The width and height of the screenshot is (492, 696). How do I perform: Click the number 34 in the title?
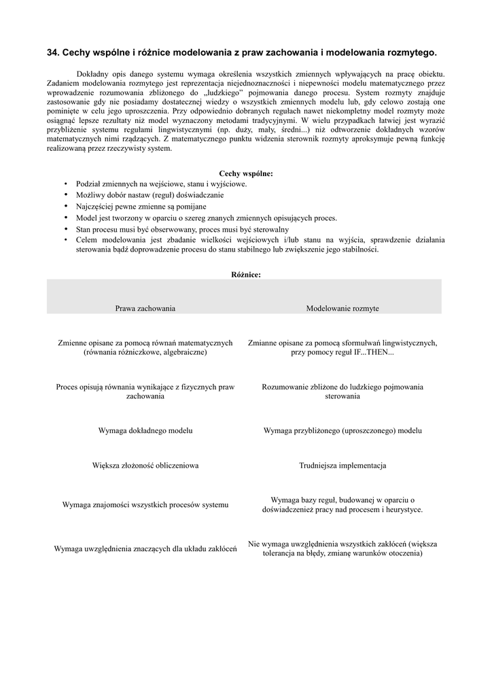point(52,52)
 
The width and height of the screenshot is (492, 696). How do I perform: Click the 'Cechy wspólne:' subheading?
point(246,173)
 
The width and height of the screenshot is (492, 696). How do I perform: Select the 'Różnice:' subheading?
point(246,275)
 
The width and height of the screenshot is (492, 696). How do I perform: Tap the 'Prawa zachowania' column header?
point(145,308)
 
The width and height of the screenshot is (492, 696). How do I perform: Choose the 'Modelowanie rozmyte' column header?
point(342,308)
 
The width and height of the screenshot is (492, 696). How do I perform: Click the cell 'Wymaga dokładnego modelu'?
point(145,430)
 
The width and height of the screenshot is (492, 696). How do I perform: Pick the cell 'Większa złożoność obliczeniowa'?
point(145,466)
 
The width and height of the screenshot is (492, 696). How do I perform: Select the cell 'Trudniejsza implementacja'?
point(342,466)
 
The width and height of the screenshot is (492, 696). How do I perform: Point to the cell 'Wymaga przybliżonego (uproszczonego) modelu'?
point(342,430)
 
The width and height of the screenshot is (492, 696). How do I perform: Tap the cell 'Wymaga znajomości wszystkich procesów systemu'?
point(145,504)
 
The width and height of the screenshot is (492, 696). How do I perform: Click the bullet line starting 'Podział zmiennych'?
point(162,184)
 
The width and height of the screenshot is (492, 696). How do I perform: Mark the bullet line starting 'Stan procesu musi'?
point(173,229)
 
